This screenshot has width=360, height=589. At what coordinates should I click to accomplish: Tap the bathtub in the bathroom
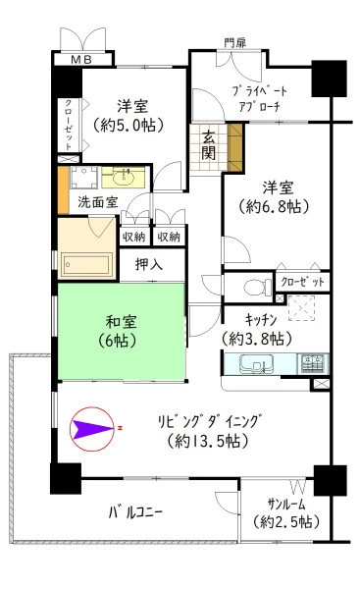87,265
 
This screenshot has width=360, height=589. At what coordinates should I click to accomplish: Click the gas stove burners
313,363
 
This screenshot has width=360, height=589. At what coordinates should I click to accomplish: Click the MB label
81,60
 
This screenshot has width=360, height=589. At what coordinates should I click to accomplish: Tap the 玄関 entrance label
208,146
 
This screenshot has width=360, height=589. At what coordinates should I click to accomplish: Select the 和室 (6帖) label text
121,332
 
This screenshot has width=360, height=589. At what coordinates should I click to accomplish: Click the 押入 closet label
149,265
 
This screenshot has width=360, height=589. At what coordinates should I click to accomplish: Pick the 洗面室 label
97,203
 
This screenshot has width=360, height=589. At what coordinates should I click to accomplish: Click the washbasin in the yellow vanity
124,178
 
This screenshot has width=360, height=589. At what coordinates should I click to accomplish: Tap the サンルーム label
286,504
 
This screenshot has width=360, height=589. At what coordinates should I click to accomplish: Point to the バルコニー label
135,512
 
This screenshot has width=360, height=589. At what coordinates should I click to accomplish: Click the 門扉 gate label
235,43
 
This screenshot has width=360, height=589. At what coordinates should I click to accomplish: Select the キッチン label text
261,320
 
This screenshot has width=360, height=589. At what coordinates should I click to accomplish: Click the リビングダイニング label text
209,422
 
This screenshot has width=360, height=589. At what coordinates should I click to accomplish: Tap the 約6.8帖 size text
274,206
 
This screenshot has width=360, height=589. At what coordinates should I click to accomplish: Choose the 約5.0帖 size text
129,125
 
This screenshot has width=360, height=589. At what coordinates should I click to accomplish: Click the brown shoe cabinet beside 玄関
235,147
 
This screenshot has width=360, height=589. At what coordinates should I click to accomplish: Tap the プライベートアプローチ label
260,99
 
